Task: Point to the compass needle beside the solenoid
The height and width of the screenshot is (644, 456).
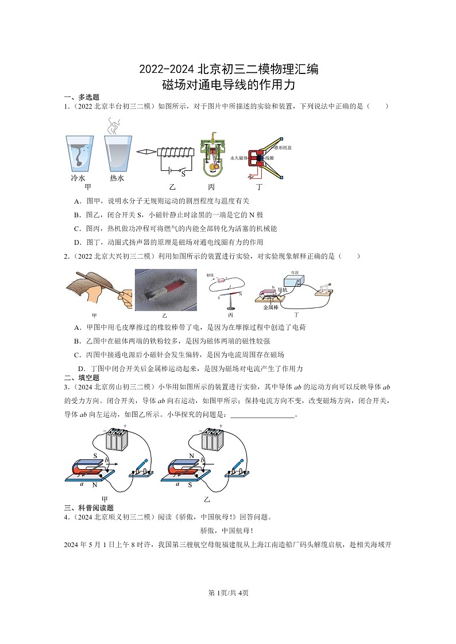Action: click(146, 152)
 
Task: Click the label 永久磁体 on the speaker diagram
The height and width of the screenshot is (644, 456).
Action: click(238, 158)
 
